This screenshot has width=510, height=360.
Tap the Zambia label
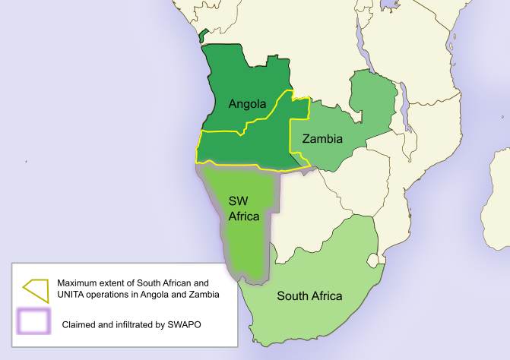click(322, 139)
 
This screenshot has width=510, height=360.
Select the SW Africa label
click(244, 208)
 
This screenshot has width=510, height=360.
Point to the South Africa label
click(309, 296)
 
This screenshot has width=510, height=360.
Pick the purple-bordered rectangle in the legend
click(34, 321)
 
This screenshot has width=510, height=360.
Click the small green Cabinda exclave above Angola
click(202, 35)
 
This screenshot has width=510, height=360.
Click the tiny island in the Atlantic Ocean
click(27, 161)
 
